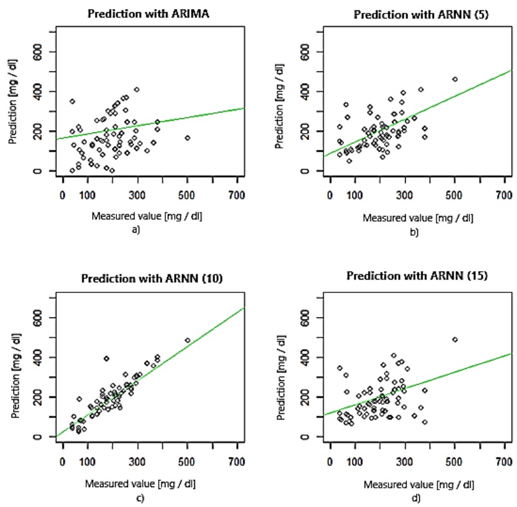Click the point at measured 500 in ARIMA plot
pyautogui.click(x=187, y=138)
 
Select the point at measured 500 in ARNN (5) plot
pyautogui.click(x=455, y=79)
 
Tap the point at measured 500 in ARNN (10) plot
pyautogui.click(x=187, y=340)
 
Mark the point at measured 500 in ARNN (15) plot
pyautogui.click(x=455, y=339)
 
